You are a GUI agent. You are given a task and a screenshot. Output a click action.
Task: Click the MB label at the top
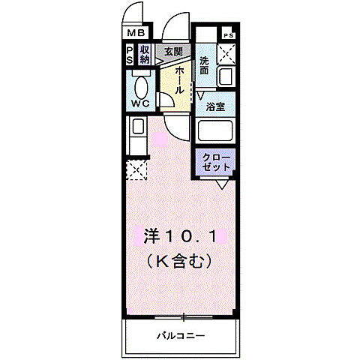click(x=136, y=34)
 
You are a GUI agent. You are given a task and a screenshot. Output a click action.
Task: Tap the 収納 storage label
click(x=145, y=55)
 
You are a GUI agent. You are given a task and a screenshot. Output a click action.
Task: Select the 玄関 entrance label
click(x=174, y=52)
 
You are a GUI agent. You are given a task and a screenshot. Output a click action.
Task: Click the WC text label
click(x=139, y=103)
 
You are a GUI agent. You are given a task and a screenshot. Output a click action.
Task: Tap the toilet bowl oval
click(x=140, y=83)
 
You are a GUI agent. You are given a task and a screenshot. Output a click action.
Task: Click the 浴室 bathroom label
click(x=216, y=106)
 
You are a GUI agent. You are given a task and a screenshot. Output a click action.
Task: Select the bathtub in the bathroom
click(x=216, y=131)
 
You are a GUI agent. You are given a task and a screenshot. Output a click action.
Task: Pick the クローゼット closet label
click(x=217, y=162)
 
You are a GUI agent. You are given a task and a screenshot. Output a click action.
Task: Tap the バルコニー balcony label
click(x=181, y=335)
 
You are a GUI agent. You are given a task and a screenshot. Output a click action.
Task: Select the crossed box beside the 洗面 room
click(x=226, y=55)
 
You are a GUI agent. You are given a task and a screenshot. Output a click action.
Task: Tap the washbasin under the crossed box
click(x=226, y=77)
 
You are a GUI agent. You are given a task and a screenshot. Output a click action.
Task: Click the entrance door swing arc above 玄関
click(x=177, y=25)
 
